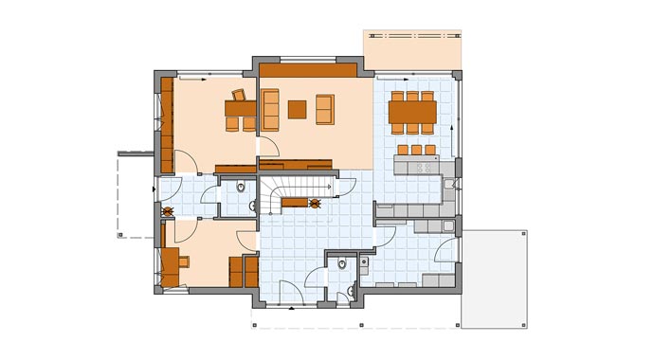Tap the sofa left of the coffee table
click(270, 110)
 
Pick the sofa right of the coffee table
click(325, 110)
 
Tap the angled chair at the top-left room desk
click(238, 95)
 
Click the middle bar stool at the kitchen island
click(415, 150)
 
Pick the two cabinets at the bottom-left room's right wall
click(244, 271)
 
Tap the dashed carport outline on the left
click(133, 194)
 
